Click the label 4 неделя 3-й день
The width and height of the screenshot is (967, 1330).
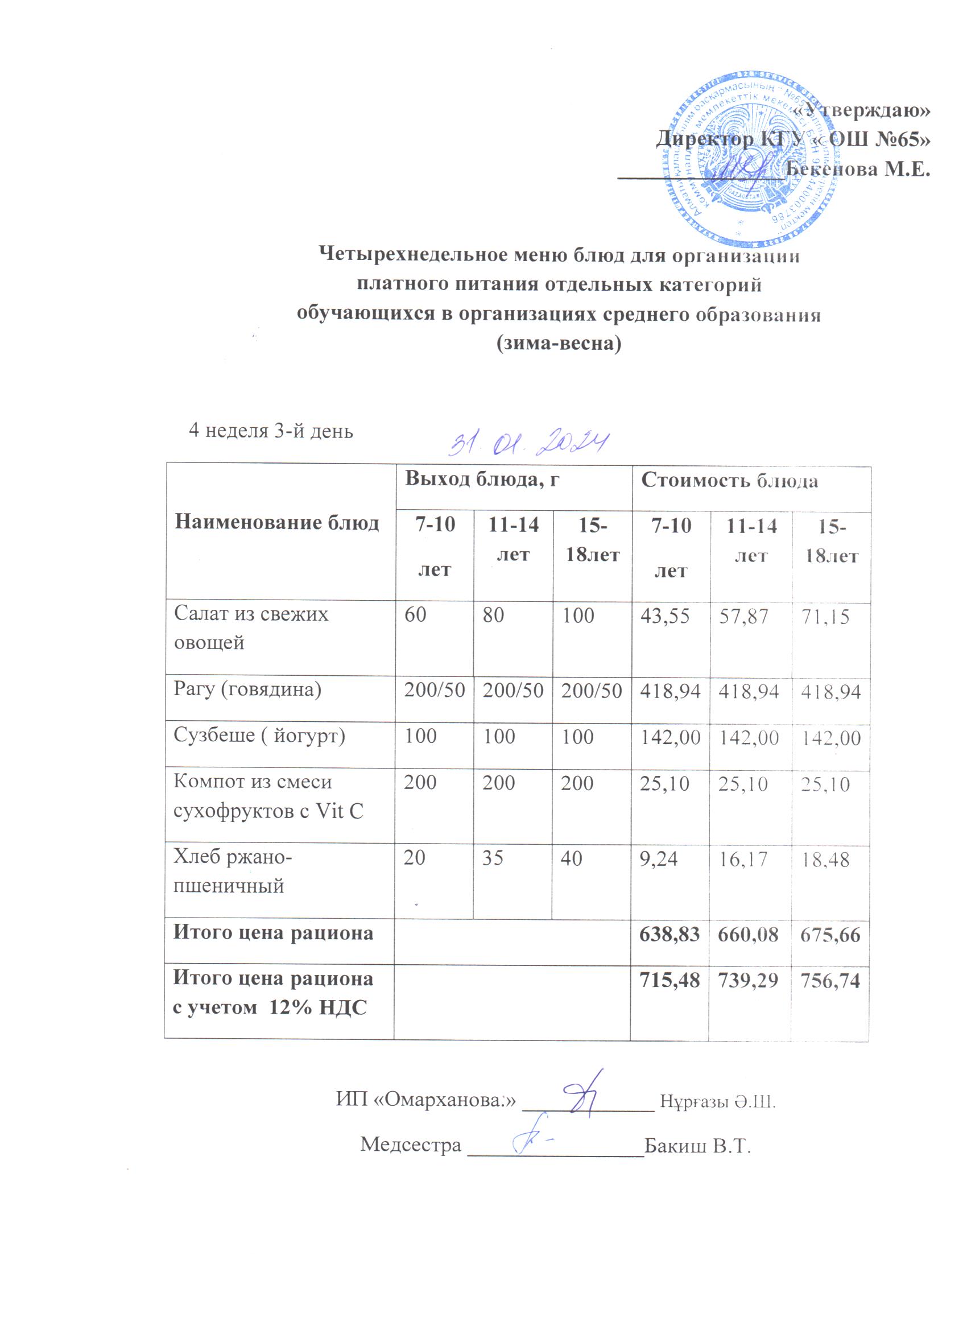[x=270, y=431]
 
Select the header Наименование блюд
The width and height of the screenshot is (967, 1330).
[x=277, y=522]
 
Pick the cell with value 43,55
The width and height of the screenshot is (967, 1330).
[x=664, y=615]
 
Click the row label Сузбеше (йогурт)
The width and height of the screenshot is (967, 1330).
[x=259, y=736]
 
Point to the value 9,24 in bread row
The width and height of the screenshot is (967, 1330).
[x=659, y=858]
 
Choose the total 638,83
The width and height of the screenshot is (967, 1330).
[x=670, y=934]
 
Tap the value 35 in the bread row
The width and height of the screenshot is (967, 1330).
[x=493, y=858]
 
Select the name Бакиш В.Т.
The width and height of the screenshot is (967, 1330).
[x=697, y=1145]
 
